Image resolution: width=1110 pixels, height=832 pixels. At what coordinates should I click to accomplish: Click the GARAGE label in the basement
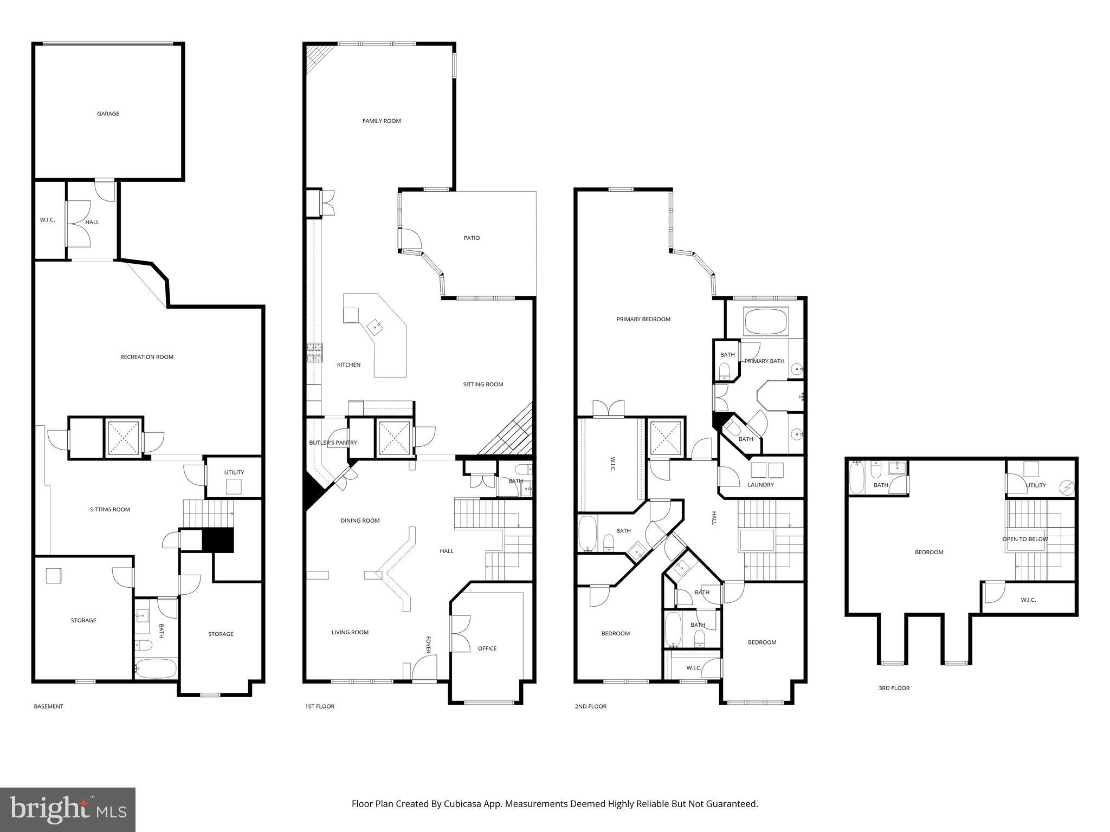tap(108, 114)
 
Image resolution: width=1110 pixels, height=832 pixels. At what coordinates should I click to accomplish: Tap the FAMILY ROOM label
tap(382, 121)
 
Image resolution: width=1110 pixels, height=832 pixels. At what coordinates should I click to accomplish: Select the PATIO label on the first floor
tap(472, 238)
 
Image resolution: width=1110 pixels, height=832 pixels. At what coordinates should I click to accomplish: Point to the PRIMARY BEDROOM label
tap(643, 319)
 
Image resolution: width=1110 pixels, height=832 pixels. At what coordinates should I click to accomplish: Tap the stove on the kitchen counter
tap(314, 352)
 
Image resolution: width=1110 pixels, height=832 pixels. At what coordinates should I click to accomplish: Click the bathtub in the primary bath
tap(766, 322)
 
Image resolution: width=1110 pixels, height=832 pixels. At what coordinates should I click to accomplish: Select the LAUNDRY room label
tap(760, 485)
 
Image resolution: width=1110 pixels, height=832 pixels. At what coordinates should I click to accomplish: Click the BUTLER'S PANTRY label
tap(333, 443)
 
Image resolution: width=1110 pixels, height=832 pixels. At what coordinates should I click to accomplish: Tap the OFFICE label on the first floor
tap(487, 648)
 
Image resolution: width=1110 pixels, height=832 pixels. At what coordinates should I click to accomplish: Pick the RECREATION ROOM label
tap(147, 357)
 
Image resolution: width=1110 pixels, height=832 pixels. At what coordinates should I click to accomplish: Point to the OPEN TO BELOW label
tap(1025, 539)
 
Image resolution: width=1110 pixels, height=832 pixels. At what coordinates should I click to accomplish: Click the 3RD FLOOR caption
tap(894, 688)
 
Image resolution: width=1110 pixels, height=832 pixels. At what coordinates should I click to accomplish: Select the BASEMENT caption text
tap(48, 706)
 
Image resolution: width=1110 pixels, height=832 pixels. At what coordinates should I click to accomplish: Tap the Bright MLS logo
tap(68, 809)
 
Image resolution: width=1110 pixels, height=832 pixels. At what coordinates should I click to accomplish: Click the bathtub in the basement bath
tap(156, 668)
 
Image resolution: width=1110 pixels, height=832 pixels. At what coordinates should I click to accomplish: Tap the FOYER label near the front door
tap(428, 645)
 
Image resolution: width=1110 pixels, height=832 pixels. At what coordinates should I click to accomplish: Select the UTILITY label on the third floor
tap(1036, 485)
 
